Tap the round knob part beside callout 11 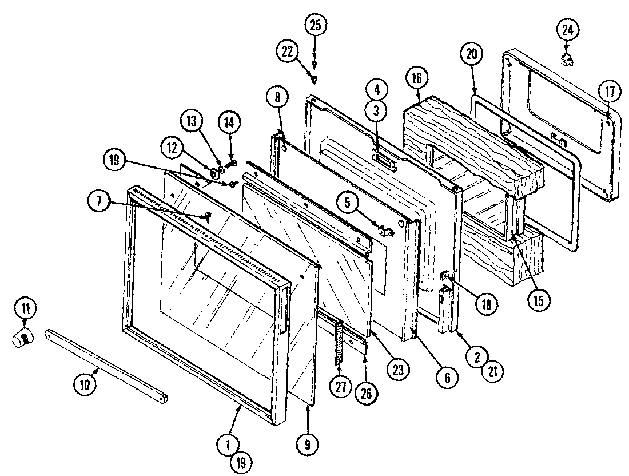pos(22,339)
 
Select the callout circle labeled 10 pos(85,385)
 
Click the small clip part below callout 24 pos(567,58)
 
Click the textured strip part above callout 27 pos(339,342)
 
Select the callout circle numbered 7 pos(99,202)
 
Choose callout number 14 pos(229,123)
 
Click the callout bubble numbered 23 pos(397,370)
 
